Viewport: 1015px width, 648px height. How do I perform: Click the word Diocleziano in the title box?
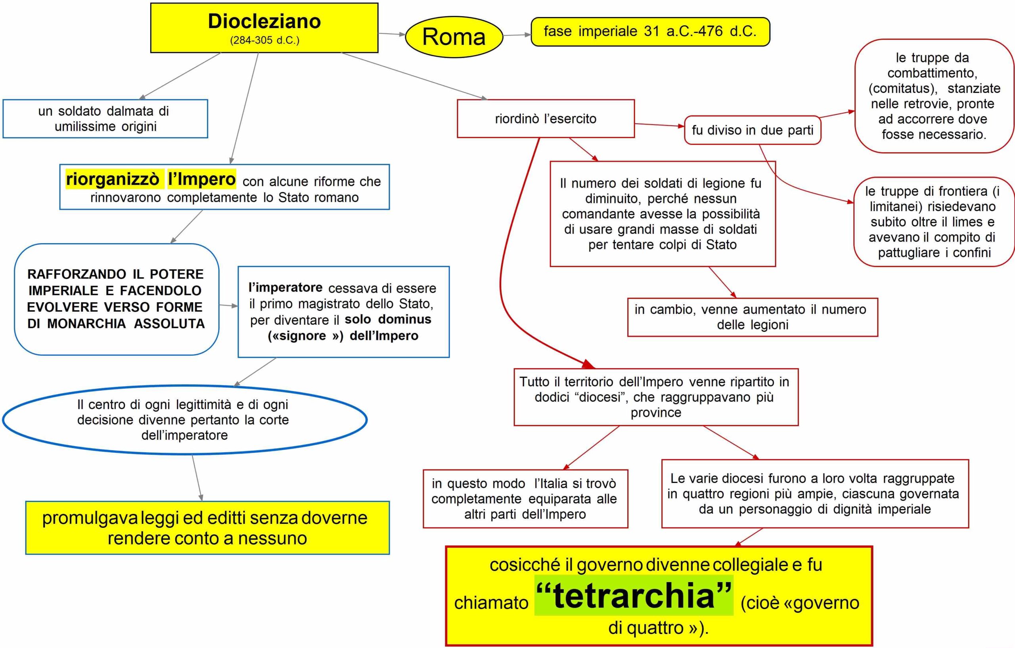pos(264,21)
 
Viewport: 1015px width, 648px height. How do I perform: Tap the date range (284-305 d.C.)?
pos(264,40)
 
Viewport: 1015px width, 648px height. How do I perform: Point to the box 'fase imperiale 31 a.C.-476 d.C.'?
pos(649,32)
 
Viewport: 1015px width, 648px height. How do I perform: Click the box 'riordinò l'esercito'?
pos(546,119)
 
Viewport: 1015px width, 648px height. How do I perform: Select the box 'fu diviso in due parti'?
pos(753,130)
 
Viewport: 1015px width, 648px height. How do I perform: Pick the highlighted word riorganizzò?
pos(113,179)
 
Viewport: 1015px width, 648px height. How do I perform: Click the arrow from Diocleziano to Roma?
pos(392,34)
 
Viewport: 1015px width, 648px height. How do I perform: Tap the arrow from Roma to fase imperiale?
pos(517,35)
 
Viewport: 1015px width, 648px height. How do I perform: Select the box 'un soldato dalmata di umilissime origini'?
pos(105,119)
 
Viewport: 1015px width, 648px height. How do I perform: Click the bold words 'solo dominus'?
pos(388,319)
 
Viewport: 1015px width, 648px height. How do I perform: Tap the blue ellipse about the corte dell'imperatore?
pos(184,420)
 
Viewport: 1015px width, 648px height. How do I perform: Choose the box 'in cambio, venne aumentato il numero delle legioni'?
pos(753,317)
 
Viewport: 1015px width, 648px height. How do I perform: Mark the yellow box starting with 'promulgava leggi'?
pos(207,528)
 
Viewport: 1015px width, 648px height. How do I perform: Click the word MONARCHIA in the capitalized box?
pos(86,324)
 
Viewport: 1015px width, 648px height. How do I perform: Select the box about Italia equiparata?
pos(525,499)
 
